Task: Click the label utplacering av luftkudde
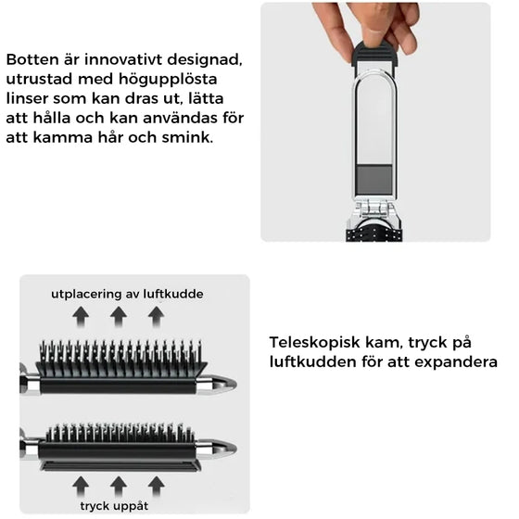[126, 294]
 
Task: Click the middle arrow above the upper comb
[119, 316]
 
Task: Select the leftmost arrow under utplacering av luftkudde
[82, 316]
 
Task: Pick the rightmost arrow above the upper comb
[156, 316]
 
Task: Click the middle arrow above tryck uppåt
[119, 484]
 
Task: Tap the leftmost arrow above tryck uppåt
[82, 484]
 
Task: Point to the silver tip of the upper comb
[217, 383]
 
